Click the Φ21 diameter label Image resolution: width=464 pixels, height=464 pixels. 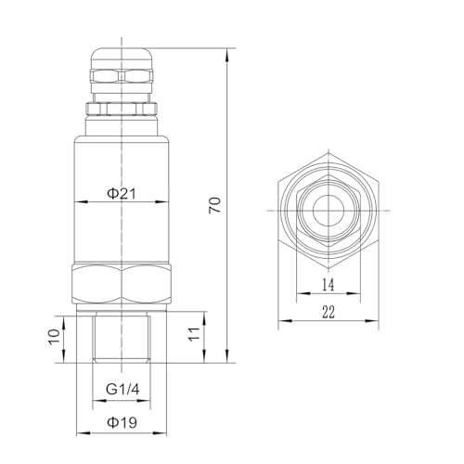122,194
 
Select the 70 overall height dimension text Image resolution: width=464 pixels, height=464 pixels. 215,205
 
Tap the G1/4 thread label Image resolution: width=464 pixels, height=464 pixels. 122,389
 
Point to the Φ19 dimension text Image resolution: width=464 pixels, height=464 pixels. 122,422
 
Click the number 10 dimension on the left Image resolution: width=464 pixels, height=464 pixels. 55,336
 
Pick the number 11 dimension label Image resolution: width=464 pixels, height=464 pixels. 194,333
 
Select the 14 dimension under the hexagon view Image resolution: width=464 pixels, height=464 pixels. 329,285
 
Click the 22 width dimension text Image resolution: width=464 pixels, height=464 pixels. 329,312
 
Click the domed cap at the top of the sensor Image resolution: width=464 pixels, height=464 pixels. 122,58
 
